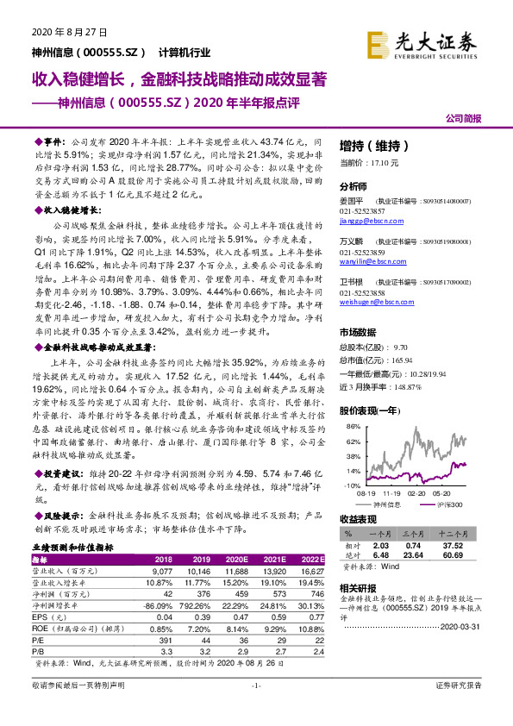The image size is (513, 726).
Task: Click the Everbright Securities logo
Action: coord(427,45)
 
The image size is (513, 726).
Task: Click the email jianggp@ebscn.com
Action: coord(366,220)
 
